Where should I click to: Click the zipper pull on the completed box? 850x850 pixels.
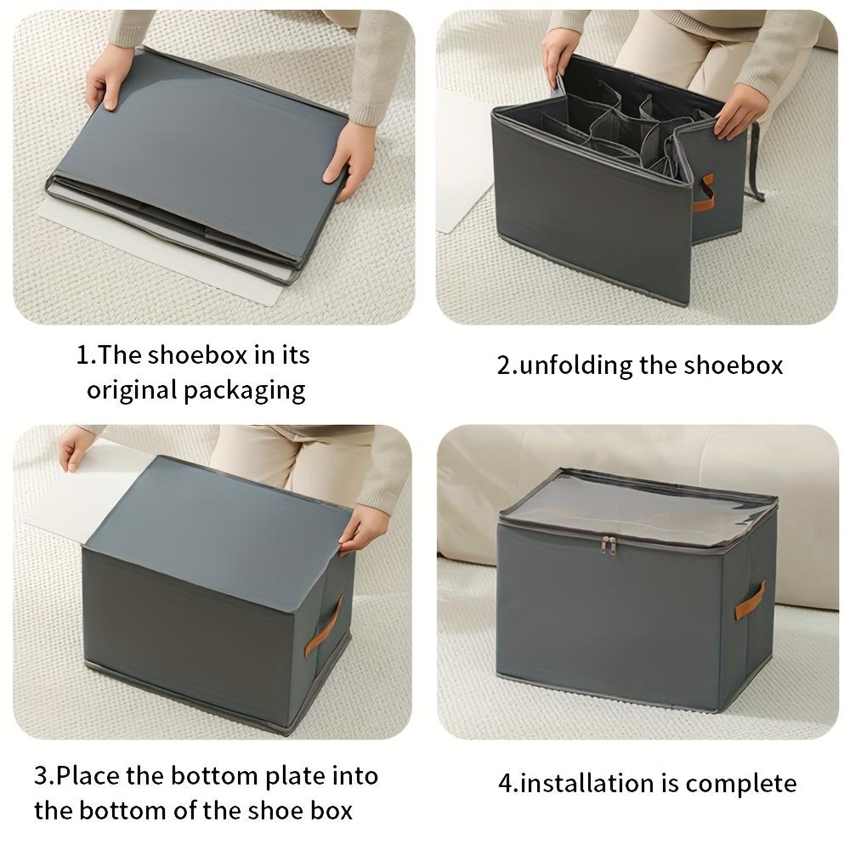coord(608,545)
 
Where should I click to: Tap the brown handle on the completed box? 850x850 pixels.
coord(750,600)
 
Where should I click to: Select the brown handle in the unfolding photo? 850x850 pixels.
coord(704,193)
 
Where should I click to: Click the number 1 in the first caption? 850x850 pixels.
coord(82,355)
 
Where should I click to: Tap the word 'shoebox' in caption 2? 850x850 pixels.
coord(737,365)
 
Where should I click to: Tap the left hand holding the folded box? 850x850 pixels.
coord(110,76)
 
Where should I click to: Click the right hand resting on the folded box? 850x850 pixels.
coord(349,157)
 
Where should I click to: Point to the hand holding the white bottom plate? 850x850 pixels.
coord(75,445)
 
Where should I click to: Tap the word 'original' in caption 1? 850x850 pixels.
coord(131,391)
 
